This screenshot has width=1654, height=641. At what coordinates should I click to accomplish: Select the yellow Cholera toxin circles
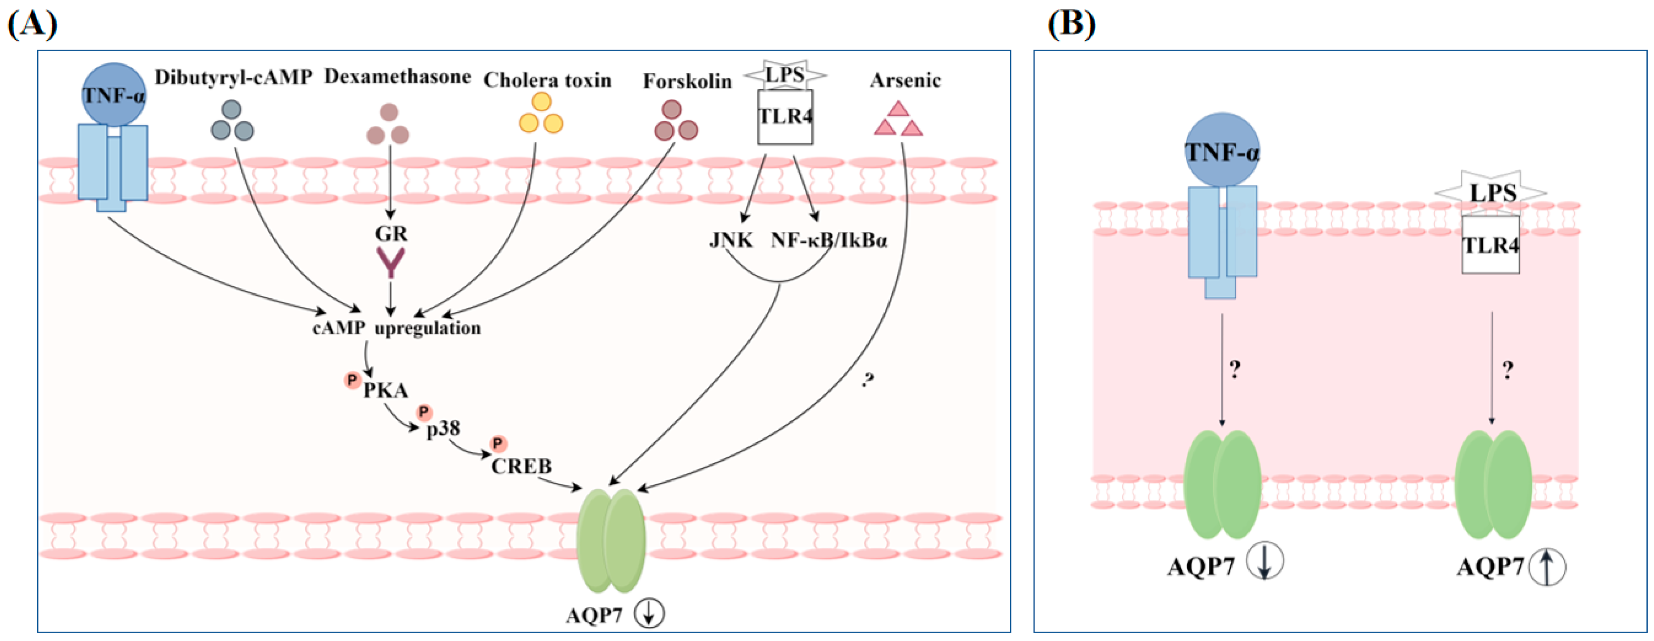[x=541, y=114]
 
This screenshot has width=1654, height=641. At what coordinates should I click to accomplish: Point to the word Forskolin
[x=687, y=82]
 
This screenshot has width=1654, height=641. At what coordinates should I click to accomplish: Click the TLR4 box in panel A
[x=785, y=117]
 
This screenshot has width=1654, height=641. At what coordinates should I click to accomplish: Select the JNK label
[x=731, y=240]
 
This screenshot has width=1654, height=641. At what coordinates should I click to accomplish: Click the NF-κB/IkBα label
[x=828, y=240]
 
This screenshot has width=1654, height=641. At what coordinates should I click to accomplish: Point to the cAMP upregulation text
[x=396, y=328]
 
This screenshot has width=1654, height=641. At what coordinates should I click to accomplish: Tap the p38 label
[x=443, y=428]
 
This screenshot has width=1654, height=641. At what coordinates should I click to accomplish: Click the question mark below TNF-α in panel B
[x=1235, y=369]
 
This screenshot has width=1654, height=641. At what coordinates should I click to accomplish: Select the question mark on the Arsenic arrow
[x=868, y=380]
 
